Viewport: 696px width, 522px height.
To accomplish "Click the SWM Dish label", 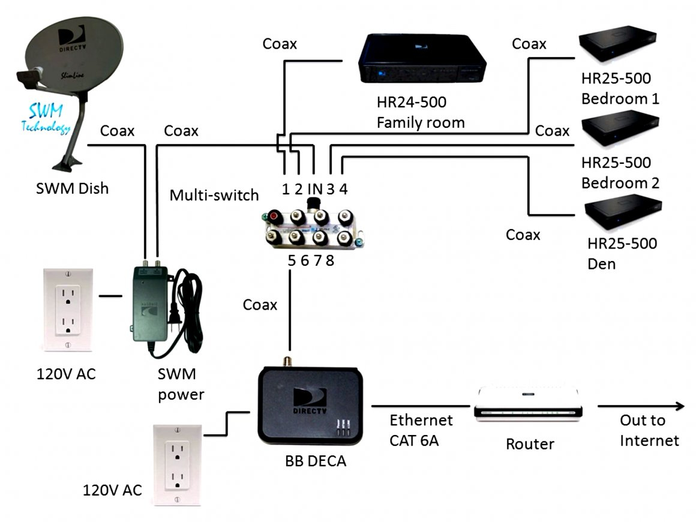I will pyautogui.click(x=72, y=188).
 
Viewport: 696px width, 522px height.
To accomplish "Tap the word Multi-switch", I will pyautogui.click(x=214, y=195).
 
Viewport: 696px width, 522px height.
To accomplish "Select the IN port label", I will pyautogui.click(x=315, y=189).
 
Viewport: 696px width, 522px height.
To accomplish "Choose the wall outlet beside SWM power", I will pyautogui.click(x=67, y=308).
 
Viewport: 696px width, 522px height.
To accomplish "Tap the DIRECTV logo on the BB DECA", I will pyautogui.click(x=310, y=401).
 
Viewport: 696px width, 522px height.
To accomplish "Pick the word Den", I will pyautogui.click(x=601, y=263).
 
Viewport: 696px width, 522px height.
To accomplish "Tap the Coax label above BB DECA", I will pyautogui.click(x=260, y=305).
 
